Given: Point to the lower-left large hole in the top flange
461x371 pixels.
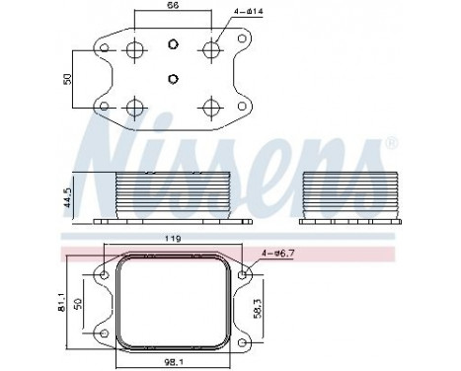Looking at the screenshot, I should coord(134,106).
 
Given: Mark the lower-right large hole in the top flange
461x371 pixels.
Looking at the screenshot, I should coord(209,106).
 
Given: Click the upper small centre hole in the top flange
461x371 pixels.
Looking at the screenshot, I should coord(172,43).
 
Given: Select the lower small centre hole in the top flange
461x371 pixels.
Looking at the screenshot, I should coord(172,78).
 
